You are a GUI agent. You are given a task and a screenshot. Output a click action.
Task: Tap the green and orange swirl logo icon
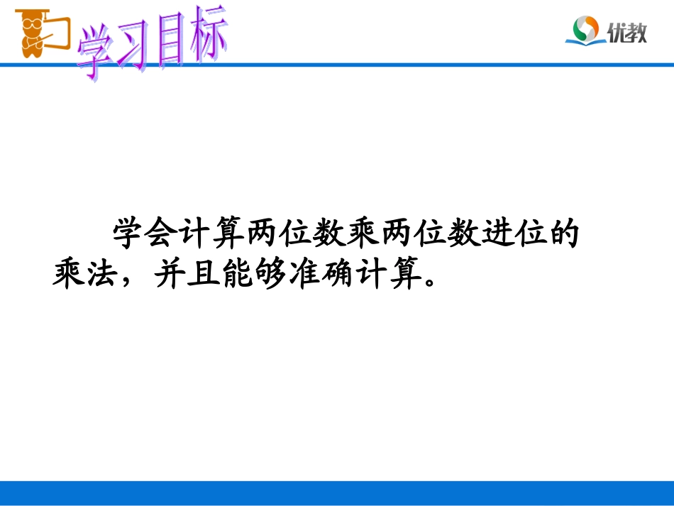[x=587, y=31]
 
